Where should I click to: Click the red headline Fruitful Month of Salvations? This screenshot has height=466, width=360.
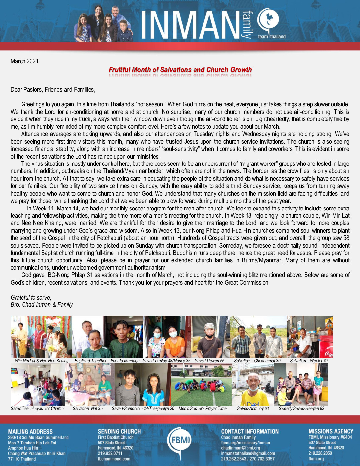180,70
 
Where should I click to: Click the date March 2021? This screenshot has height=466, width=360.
24,61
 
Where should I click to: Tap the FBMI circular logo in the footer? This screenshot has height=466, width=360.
180,440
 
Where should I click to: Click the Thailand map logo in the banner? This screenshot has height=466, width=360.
268,20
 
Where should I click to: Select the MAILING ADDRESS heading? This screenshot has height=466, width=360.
30,432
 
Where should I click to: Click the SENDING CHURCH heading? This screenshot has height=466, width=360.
119,432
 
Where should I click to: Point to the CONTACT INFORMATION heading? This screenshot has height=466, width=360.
250,432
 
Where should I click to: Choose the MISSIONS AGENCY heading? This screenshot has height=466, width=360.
331,432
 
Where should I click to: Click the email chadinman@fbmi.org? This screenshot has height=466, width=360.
241,448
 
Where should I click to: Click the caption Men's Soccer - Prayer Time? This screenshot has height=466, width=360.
202,409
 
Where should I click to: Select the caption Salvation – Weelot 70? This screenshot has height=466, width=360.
309,361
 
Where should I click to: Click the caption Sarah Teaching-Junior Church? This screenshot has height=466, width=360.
37,409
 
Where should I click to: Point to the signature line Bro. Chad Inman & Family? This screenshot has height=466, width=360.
42,305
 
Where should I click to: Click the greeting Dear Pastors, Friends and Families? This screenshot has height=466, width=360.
53,90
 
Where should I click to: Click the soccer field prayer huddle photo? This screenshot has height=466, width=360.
202,385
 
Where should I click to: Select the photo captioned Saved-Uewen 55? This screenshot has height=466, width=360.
210,337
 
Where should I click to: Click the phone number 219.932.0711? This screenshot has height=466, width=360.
110,453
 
